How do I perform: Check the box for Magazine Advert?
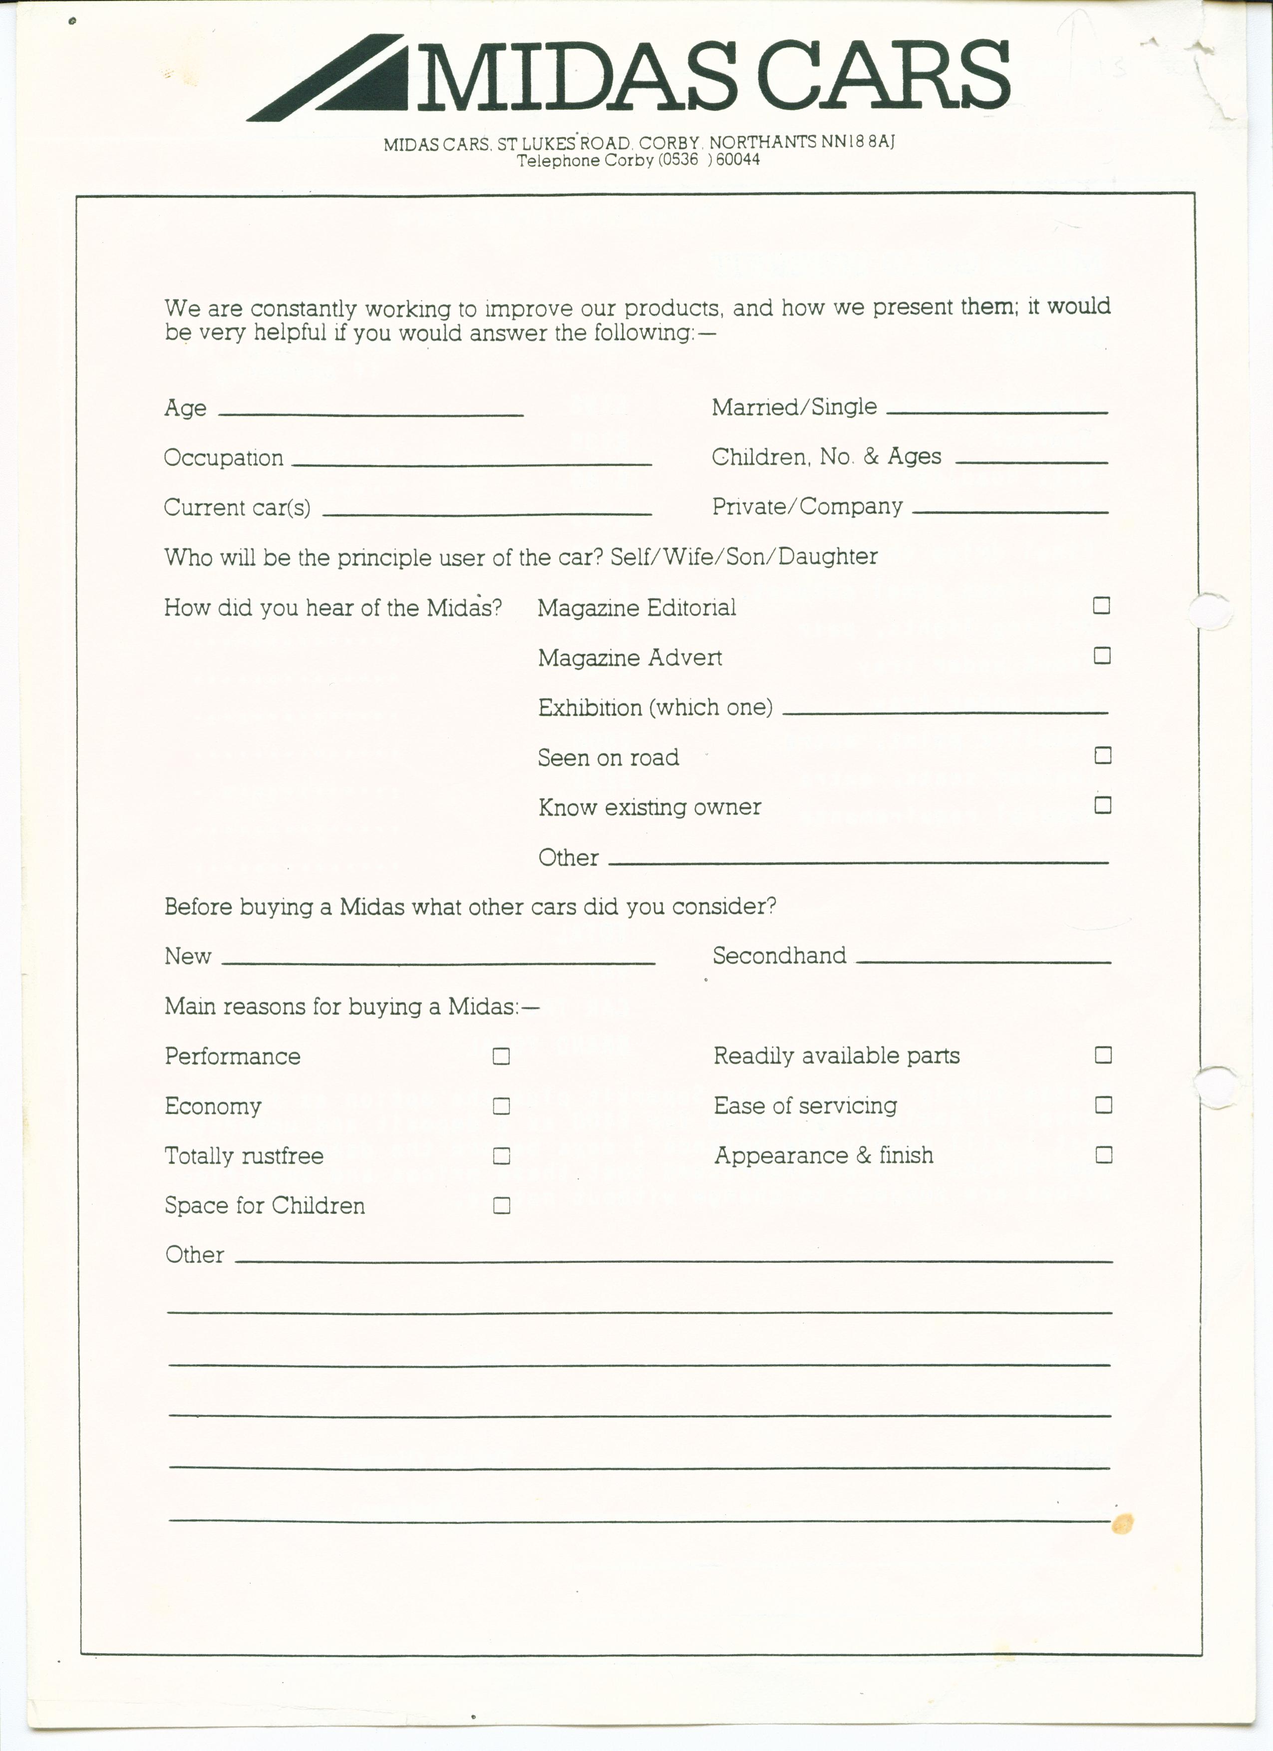click(1102, 656)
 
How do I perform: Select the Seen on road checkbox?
click(1102, 755)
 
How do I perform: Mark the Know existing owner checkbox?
click(1102, 805)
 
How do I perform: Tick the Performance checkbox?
click(501, 1056)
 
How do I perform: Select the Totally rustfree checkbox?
click(501, 1156)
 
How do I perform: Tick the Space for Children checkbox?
click(501, 1205)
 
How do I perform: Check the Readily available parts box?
click(1103, 1054)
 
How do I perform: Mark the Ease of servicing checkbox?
click(1103, 1105)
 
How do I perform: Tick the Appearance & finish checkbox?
click(1103, 1155)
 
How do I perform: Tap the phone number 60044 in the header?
click(738, 160)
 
